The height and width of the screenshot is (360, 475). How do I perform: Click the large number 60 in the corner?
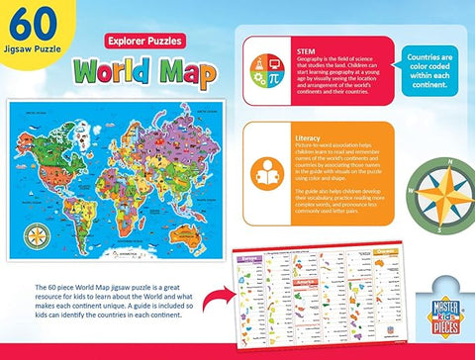tap(33, 27)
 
